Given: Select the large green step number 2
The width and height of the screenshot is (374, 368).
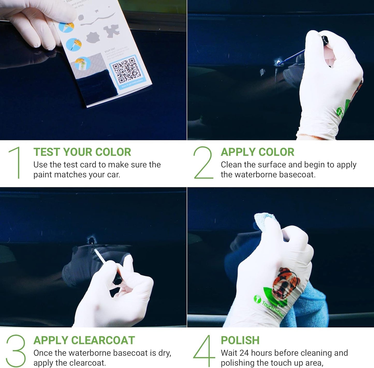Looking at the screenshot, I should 203,162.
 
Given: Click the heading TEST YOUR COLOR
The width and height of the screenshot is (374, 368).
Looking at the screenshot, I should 82,152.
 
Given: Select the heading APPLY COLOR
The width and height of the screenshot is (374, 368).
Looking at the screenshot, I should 257,152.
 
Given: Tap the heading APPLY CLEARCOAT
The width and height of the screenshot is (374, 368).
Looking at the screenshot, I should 84,340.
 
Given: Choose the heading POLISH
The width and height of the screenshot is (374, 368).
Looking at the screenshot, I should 240,340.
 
